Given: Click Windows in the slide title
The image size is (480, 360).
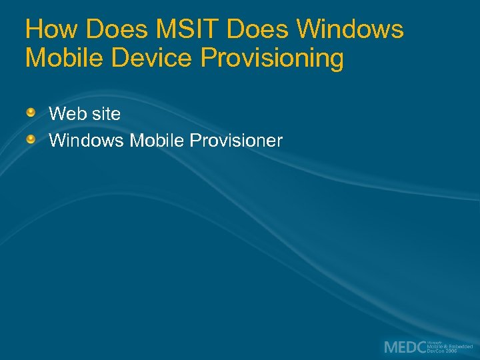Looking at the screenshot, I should (351, 29).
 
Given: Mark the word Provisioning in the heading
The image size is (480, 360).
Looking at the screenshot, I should (272, 59).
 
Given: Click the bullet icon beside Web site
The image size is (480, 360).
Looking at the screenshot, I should (31, 113).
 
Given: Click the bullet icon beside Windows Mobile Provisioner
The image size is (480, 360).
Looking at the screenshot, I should (31, 139).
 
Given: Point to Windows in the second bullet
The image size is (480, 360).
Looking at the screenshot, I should (87, 141).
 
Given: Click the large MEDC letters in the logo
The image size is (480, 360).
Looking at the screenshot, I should (405, 347).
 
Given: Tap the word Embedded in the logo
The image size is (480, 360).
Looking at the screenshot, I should (460, 347).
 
